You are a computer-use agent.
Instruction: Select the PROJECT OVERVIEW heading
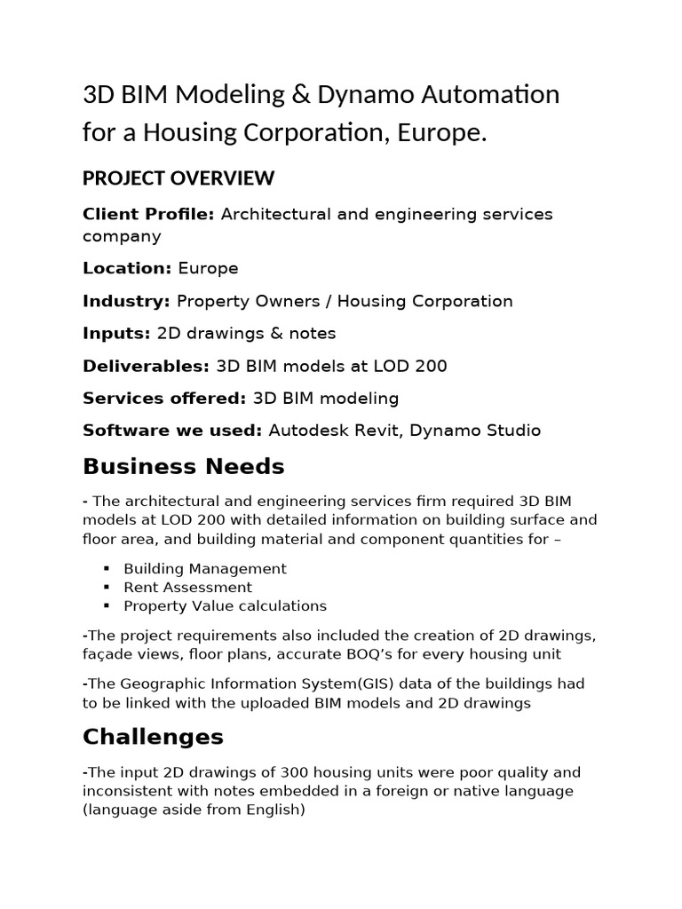[x=178, y=178]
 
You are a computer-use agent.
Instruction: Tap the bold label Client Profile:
[x=148, y=215]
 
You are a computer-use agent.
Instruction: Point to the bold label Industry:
[x=126, y=301]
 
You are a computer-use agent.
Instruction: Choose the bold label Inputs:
[x=116, y=334]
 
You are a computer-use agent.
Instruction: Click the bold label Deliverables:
[x=146, y=366]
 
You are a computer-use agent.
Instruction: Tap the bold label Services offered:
[x=164, y=399]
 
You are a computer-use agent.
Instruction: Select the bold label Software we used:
[x=172, y=431]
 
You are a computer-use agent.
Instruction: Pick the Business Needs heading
[x=183, y=466]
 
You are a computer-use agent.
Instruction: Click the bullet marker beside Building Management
[x=106, y=568]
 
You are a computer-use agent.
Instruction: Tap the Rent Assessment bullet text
[x=187, y=587]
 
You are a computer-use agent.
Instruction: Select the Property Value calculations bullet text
[x=225, y=605]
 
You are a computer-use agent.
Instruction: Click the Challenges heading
[x=153, y=737]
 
